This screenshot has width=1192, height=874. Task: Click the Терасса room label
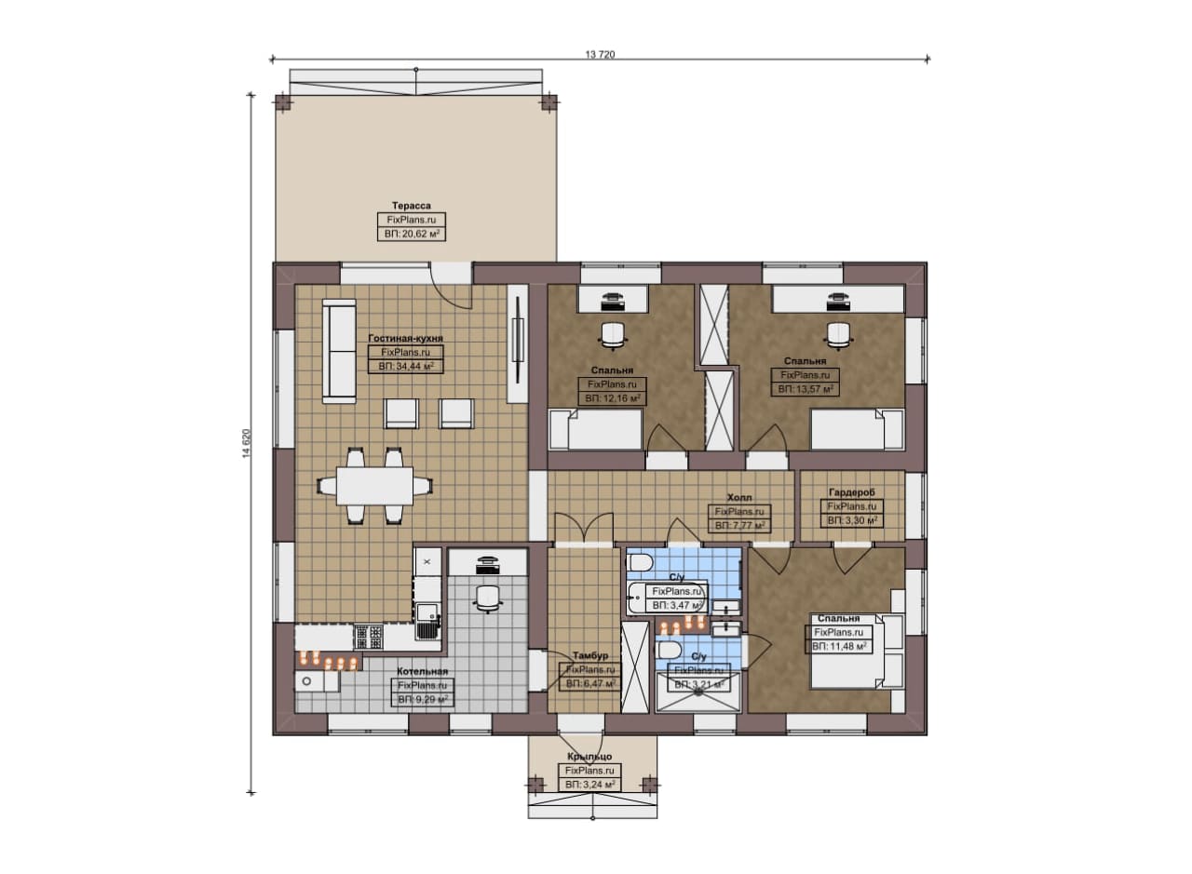[x=412, y=206]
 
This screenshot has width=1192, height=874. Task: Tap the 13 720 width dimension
[x=600, y=54]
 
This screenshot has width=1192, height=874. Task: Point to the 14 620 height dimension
[x=245, y=443]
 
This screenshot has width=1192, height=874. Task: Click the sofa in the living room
[x=339, y=351]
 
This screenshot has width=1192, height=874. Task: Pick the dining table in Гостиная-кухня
[x=374, y=486]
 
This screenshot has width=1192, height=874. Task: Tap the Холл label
[x=739, y=497]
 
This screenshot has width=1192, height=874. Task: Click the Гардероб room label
[x=851, y=492]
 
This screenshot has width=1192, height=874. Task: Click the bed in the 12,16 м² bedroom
[x=595, y=430]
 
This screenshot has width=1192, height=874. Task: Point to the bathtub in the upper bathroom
[x=667, y=598]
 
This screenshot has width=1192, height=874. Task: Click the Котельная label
[x=423, y=671]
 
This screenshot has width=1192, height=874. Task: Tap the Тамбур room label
[x=590, y=655]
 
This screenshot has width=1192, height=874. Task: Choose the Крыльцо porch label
[x=589, y=756]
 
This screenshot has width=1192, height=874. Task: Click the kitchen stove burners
[x=369, y=637]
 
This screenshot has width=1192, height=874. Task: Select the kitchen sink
[x=427, y=621]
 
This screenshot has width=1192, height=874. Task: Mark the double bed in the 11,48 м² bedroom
[x=857, y=652]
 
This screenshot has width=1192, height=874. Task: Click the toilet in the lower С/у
[x=670, y=650]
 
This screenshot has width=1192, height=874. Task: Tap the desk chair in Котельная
[x=487, y=599]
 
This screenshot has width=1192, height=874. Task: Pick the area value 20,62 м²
[x=412, y=234]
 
